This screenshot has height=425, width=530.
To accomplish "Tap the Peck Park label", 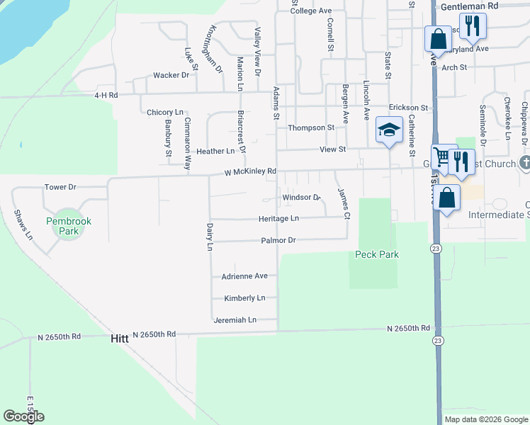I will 376,254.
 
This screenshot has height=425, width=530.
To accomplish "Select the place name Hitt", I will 120,339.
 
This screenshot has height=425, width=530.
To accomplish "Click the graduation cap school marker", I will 389,130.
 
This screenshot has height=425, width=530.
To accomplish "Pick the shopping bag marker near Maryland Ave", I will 438,38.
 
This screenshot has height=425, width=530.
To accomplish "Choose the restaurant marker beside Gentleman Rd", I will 472,25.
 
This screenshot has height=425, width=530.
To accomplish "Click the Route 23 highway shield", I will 436,248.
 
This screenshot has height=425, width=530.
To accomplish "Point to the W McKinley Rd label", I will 249,172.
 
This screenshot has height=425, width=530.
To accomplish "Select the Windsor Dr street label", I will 302,198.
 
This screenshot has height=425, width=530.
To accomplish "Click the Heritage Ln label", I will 278,219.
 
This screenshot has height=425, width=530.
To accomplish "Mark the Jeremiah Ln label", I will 235,320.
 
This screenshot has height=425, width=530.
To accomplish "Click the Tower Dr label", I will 60,187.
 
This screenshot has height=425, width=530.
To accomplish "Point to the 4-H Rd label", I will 106,95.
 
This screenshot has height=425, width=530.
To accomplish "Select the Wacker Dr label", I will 171,75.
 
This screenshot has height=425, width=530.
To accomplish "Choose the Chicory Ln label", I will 164,113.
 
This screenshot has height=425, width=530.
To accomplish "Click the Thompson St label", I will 310,127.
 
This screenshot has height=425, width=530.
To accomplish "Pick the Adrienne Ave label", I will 244,276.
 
